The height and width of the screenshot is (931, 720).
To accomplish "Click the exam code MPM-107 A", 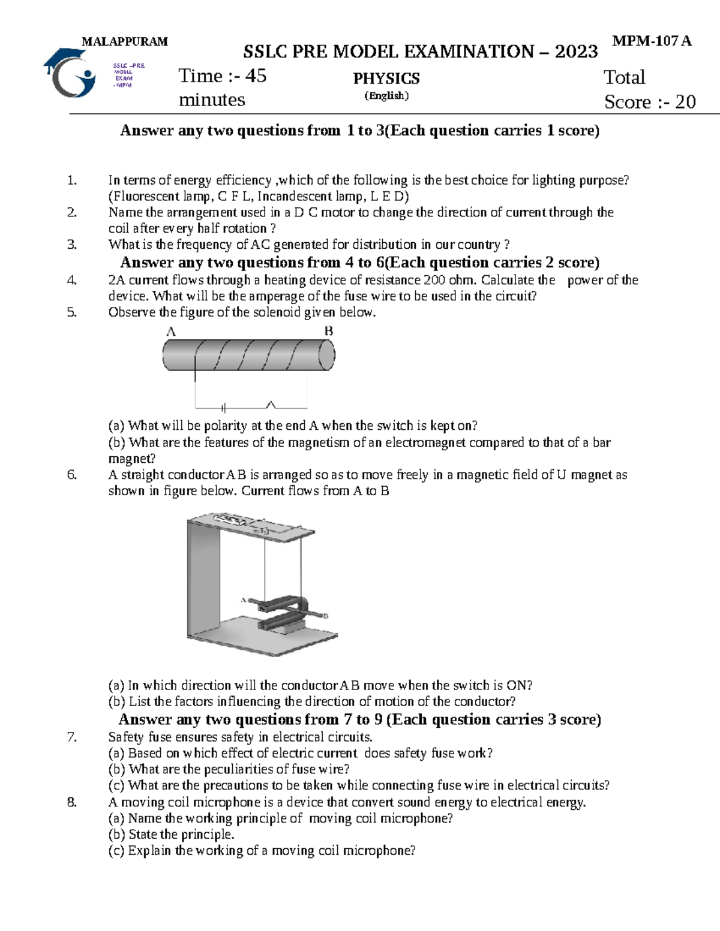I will [652, 41].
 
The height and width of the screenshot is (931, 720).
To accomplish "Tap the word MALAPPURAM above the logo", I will [125, 41].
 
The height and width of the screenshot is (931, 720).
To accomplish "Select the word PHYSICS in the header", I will [386, 79].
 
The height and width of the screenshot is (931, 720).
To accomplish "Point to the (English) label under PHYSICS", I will [386, 96].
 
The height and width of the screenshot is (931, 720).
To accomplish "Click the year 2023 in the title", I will [576, 52].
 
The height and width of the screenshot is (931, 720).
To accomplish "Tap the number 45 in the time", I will [256, 76].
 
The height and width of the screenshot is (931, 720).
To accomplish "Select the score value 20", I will [685, 102].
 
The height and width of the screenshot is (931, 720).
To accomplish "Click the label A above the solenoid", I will [170, 332].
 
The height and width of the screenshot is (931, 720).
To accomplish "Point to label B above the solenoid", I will [329, 331].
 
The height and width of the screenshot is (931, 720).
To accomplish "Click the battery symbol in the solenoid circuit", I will [223, 408].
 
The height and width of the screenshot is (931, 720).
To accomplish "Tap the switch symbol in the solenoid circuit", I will [271, 406].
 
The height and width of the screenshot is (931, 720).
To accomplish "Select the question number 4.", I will [72, 280].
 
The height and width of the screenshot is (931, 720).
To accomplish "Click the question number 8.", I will [72, 802].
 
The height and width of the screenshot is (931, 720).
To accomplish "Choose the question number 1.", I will [72, 180].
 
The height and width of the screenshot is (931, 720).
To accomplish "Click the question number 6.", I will [72, 475].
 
